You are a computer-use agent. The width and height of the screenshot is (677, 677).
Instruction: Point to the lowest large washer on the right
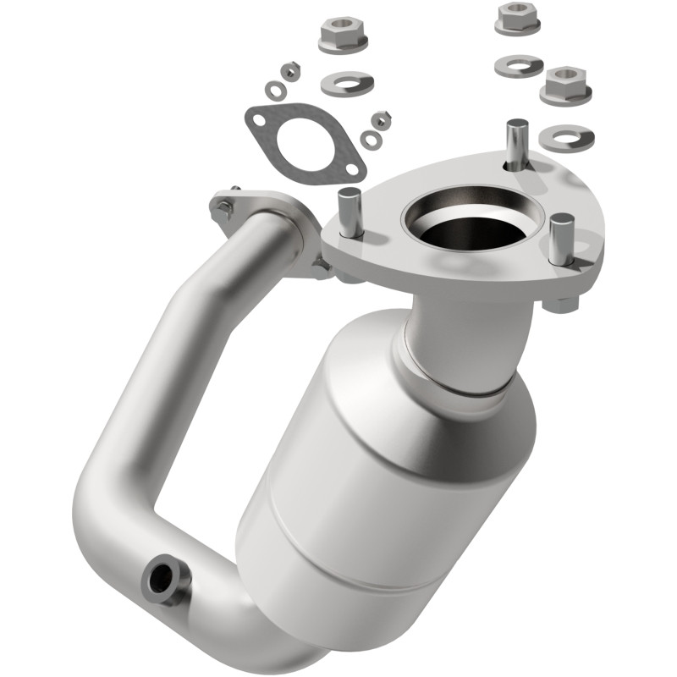tap(567, 136)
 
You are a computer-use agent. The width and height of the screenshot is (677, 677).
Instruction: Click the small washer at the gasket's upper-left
tap(274, 88)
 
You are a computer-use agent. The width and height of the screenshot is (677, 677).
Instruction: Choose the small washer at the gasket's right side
tap(370, 138)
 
